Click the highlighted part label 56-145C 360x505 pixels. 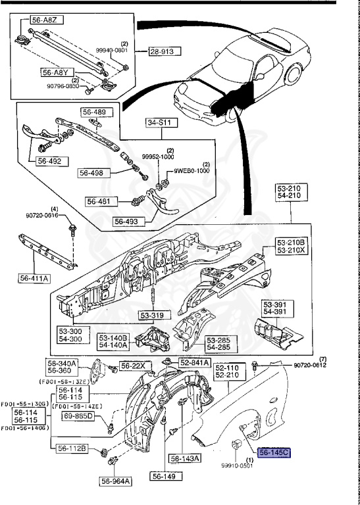point(274,452)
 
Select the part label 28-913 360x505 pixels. point(164,51)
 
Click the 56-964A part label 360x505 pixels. point(116,481)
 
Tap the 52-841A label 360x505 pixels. point(194,362)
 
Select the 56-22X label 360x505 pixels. point(134,365)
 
